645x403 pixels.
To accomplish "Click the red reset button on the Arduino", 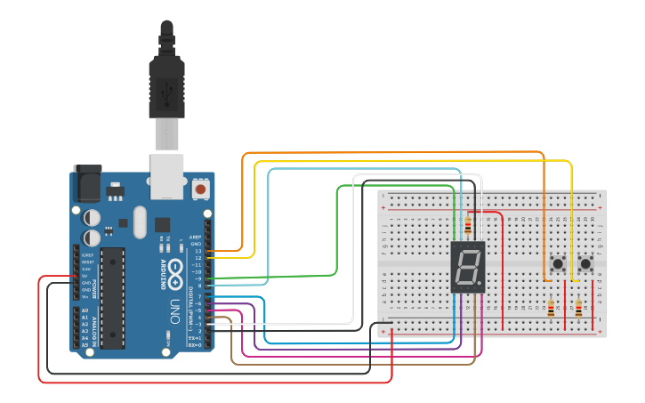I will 201,189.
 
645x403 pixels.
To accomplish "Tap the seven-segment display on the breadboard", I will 468,267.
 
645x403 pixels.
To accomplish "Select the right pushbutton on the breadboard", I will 586,264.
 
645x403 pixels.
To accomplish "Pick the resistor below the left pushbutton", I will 552,310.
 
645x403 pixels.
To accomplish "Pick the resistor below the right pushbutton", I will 579,310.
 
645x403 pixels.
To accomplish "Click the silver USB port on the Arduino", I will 166,174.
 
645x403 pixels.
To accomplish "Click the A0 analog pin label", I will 85,310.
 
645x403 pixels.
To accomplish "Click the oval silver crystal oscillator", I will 138,222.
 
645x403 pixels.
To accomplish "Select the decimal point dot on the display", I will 481,287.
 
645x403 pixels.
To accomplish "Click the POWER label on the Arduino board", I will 75,267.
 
